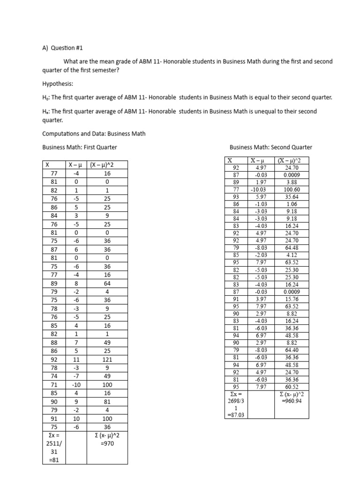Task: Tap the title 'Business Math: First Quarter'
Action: coord(80,147)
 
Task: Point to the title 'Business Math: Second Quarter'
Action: coord(270,147)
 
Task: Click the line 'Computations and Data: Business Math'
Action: coord(94,134)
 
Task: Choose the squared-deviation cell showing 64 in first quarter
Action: coord(107,284)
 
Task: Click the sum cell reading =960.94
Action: coord(292,402)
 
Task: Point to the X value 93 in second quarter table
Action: coord(236,197)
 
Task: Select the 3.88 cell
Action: coord(292,182)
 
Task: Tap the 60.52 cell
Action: coord(292,387)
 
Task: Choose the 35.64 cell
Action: coord(292,197)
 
